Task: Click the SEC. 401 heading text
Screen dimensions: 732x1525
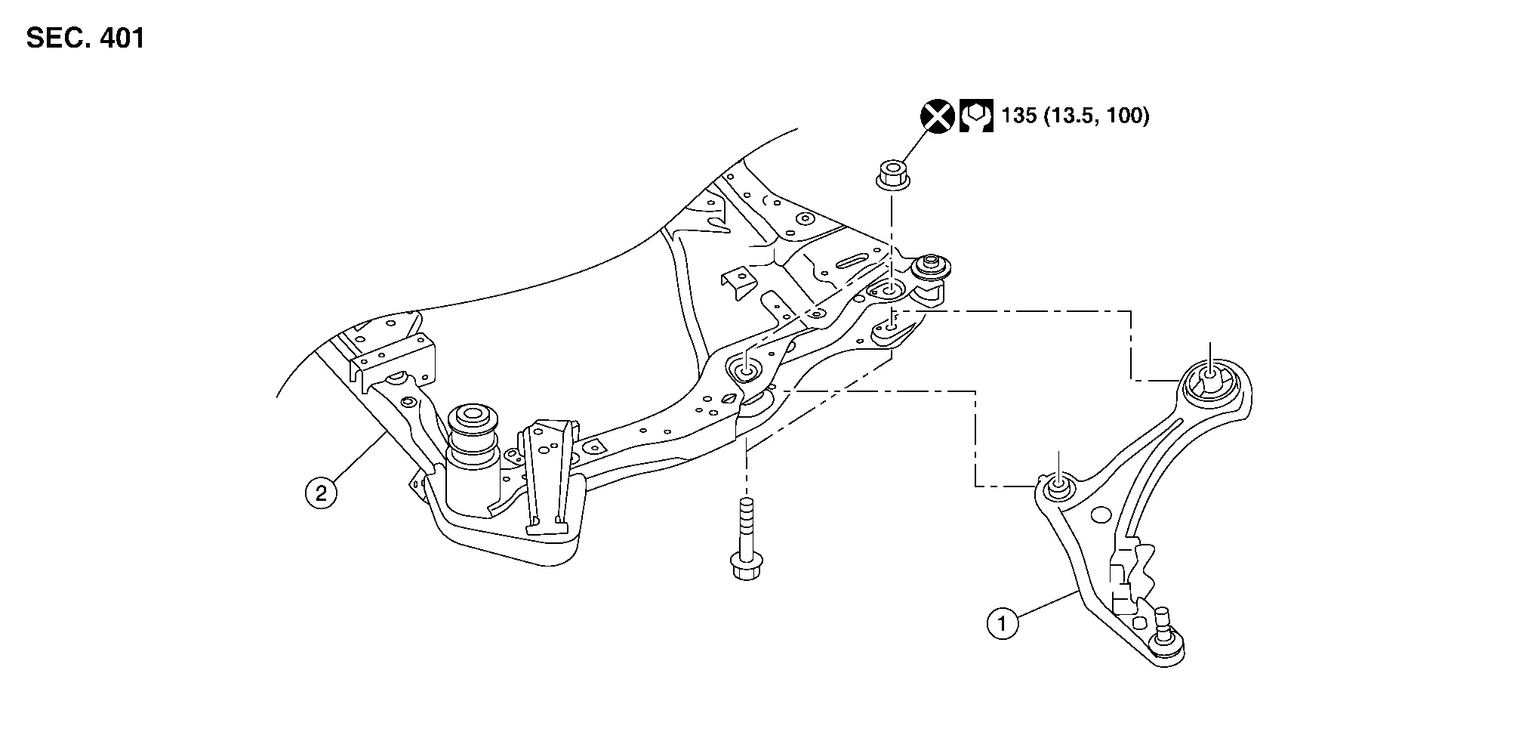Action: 85,38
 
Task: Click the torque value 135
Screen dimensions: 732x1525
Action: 1018,116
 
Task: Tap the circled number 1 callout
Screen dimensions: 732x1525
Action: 1003,624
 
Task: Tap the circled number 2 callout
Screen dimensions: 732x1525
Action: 321,494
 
